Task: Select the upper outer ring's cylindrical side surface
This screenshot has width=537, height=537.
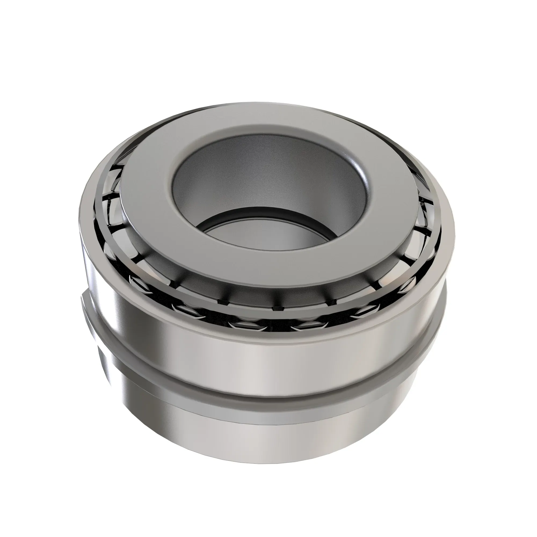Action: (x=250, y=342)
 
